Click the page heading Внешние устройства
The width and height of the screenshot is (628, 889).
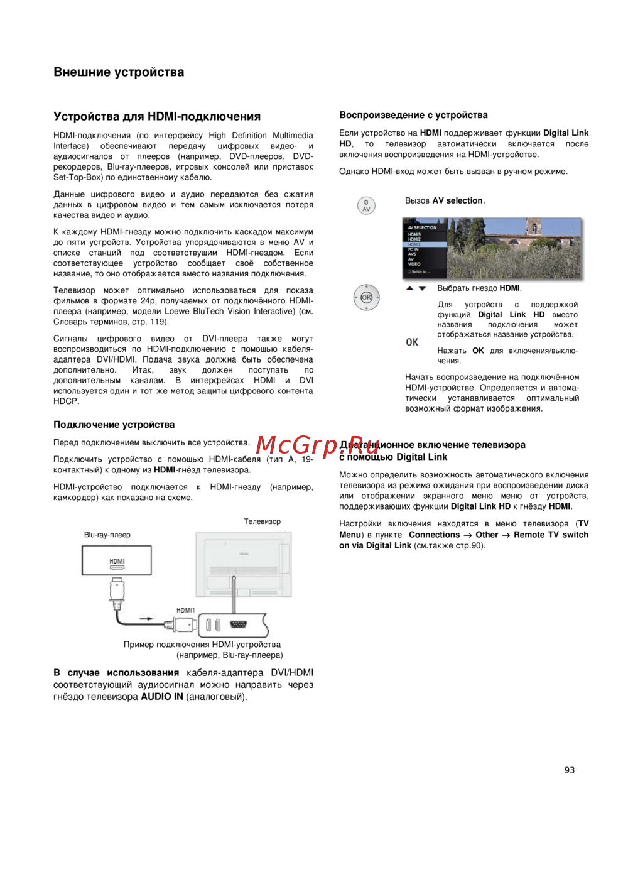pos(119,72)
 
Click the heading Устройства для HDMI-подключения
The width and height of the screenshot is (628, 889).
pos(157,116)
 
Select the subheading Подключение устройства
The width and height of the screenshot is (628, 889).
pos(114,425)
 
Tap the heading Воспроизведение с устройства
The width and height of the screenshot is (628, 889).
pos(413,115)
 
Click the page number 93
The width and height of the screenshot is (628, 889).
pos(570,770)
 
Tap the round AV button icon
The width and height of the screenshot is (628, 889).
pos(366,205)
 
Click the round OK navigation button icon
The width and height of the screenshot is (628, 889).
pos(366,297)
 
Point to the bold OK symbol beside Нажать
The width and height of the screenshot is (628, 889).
pos(412,342)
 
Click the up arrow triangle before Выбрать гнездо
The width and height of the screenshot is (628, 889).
pos(410,288)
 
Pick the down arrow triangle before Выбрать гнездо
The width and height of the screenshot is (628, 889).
pos(422,288)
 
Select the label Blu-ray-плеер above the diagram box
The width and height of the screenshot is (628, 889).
pos(107,535)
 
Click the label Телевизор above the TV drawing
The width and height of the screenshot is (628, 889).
pos(262,521)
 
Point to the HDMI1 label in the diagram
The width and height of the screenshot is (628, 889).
pos(186,610)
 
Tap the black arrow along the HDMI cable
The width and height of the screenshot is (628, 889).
pos(146,619)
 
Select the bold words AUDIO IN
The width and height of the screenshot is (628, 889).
pos(162,696)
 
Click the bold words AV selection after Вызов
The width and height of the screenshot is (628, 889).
pos(458,200)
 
